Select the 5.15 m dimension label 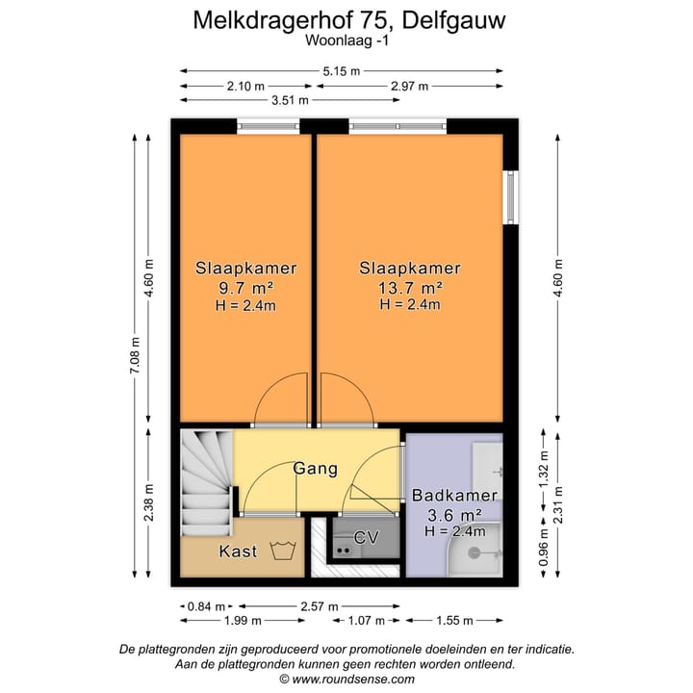pos(342,71)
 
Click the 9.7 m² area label pos(245,288)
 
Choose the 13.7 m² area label pos(410,288)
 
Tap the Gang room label pos(317,469)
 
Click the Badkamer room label pos(454,496)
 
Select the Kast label pos(238,552)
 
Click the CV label pos(367,536)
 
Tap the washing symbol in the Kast pos(282,551)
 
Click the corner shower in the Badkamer pos(475,552)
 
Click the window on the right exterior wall pos(511,197)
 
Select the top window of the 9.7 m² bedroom pos(269,125)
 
